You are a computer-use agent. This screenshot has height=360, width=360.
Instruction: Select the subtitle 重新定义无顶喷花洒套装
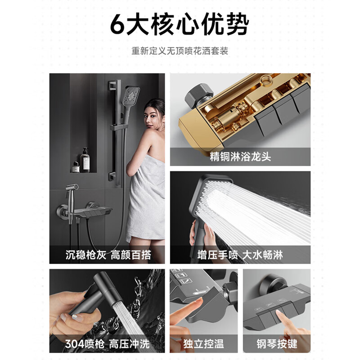tap(180, 50)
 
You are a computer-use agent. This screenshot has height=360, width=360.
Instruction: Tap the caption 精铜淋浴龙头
tap(240, 157)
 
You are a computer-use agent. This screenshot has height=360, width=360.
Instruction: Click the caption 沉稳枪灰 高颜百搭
tap(104, 255)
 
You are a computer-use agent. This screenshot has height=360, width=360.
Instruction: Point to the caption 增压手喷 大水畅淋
tap(240, 255)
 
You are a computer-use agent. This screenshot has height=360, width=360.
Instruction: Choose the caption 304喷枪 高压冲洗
tap(104, 344)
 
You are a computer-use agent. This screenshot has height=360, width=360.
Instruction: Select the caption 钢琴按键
tap(277, 344)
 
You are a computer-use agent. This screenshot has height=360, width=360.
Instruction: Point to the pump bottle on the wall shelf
tap(85, 160)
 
